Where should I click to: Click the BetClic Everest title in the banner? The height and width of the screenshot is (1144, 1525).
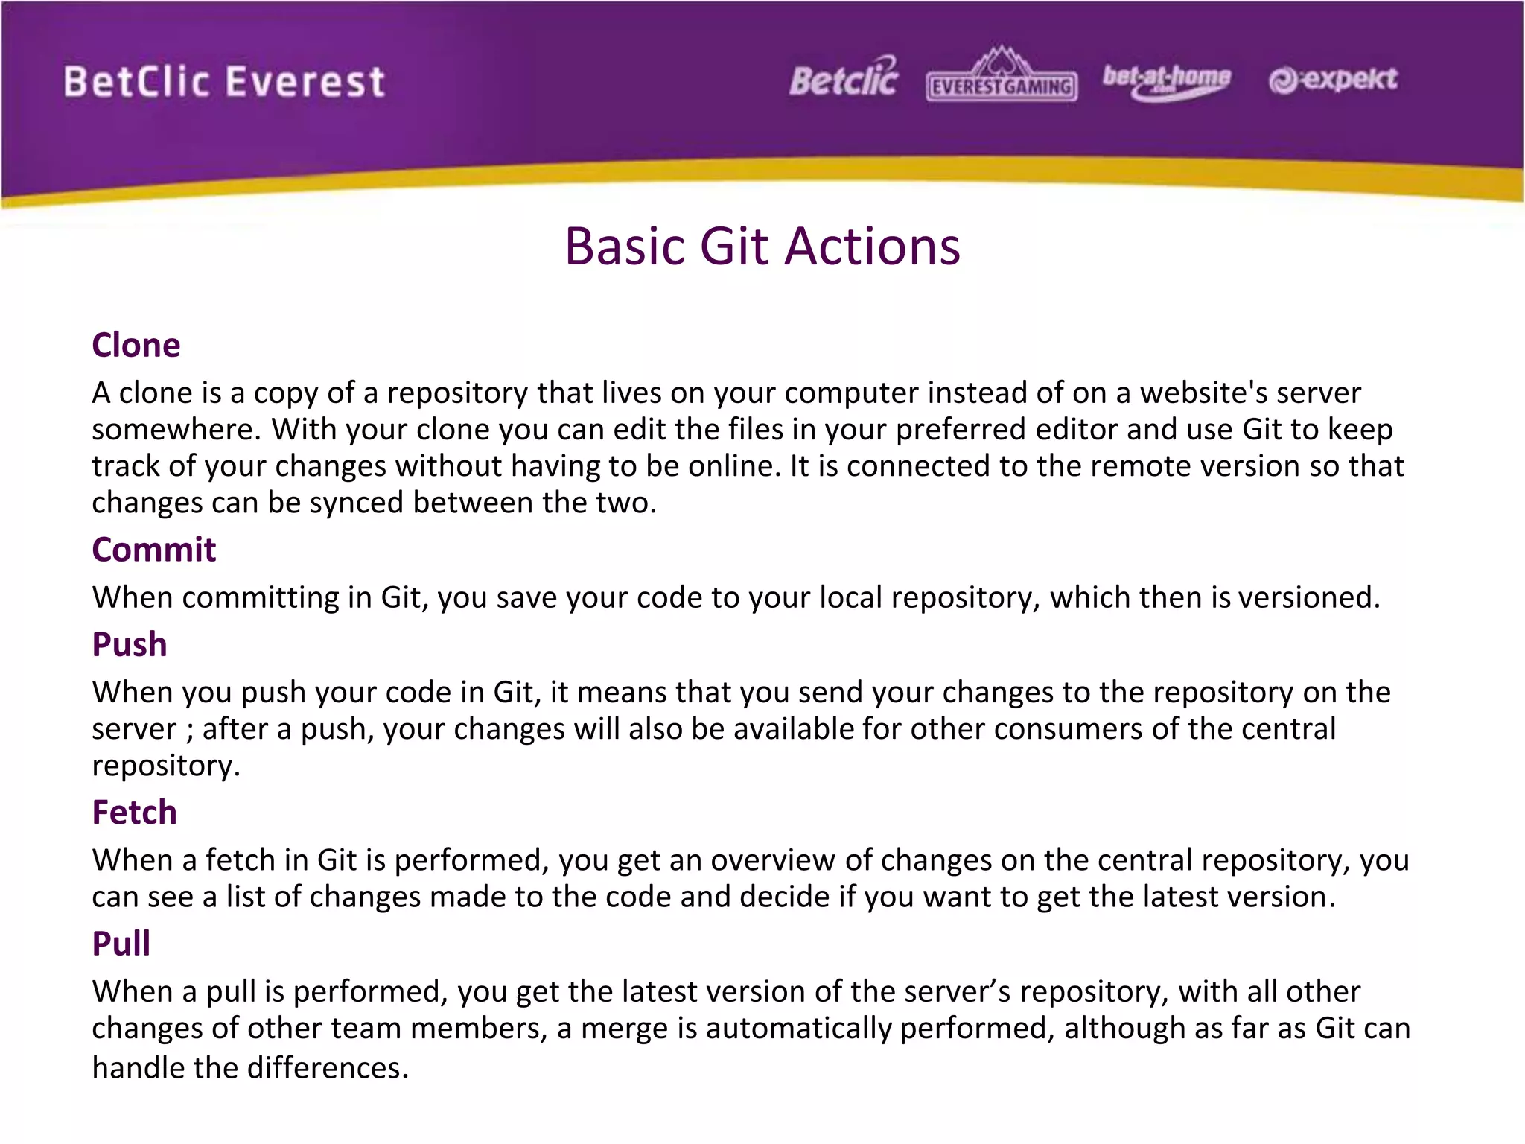tap(224, 81)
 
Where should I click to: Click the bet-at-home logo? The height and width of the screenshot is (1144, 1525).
tap(1166, 80)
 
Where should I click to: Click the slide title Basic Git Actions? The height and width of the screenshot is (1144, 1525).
tap(762, 247)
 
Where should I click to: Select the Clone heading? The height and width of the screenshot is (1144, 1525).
tap(136, 345)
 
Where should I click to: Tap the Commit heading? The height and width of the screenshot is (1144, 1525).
tap(153, 550)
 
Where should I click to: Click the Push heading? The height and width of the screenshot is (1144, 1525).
tap(129, 644)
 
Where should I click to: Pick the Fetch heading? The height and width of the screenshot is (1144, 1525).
tap(134, 812)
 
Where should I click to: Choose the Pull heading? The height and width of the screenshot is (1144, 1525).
tap(121, 944)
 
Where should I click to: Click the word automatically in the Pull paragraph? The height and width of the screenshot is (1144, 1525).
tap(798, 1029)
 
